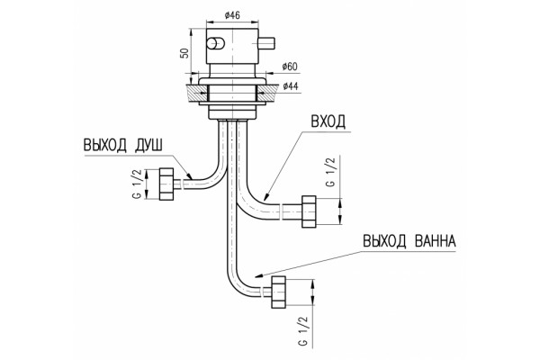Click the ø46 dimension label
click(x=232, y=15)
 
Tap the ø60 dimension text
click(x=290, y=67)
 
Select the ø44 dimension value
click(x=291, y=86)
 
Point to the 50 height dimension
click(x=184, y=52)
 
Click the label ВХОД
click(x=328, y=122)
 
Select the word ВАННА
click(x=435, y=241)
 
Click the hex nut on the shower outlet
click(x=167, y=184)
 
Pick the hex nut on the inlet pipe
click(x=309, y=211)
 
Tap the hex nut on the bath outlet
click(x=278, y=292)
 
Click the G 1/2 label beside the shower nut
click(x=137, y=184)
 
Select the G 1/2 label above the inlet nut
click(x=330, y=172)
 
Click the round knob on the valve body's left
click(x=215, y=43)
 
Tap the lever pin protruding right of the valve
click(x=266, y=42)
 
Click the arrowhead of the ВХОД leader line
click(x=266, y=197)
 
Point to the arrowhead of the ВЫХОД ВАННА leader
click(x=258, y=275)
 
